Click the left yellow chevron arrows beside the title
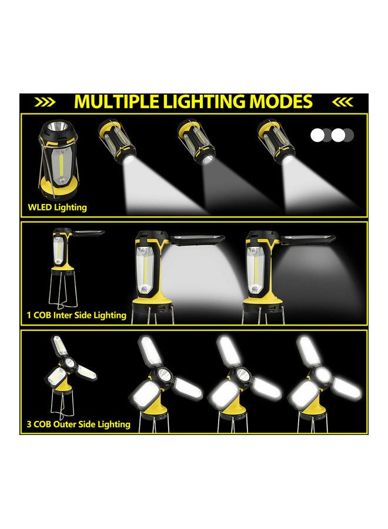pos(45,102)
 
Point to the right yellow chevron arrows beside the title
pos(342,102)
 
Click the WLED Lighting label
pos(57,207)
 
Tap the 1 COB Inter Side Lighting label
pos(76,315)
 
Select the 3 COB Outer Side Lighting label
pos(78,424)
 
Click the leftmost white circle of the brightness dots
pos(317,135)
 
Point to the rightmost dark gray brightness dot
pos(349,135)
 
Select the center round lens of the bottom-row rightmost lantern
pos(321,373)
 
